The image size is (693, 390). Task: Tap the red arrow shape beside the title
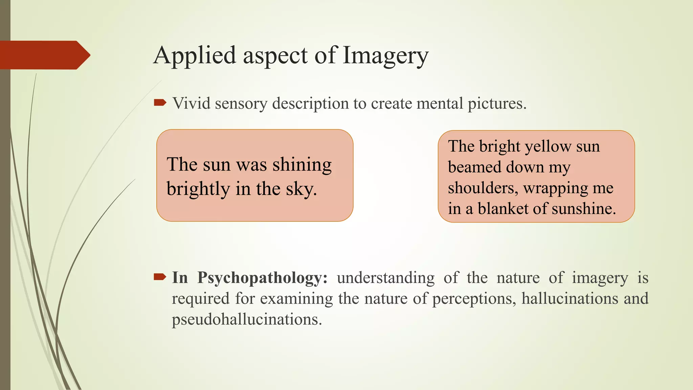44,55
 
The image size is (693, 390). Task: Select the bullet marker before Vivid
160,103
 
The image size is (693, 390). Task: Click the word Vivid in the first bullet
191,103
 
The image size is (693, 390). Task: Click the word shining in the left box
302,165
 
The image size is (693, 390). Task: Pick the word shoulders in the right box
483,188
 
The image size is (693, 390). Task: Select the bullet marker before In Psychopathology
160,277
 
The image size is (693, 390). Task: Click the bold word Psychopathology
262,278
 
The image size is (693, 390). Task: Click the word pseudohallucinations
247,319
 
